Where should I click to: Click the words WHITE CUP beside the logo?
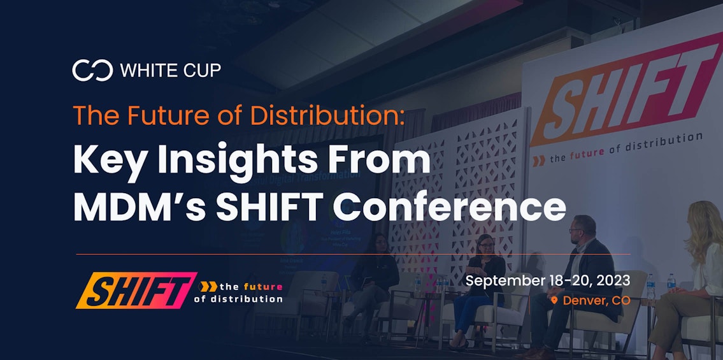171,70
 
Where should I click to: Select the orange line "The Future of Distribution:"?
239,115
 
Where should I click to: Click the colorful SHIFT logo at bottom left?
136,291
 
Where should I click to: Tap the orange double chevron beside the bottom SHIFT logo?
208,287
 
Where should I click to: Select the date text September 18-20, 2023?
548,280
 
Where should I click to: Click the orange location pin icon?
554,300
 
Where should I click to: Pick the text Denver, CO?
596,300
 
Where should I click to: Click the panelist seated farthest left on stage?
376,274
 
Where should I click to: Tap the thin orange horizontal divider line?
353,254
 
